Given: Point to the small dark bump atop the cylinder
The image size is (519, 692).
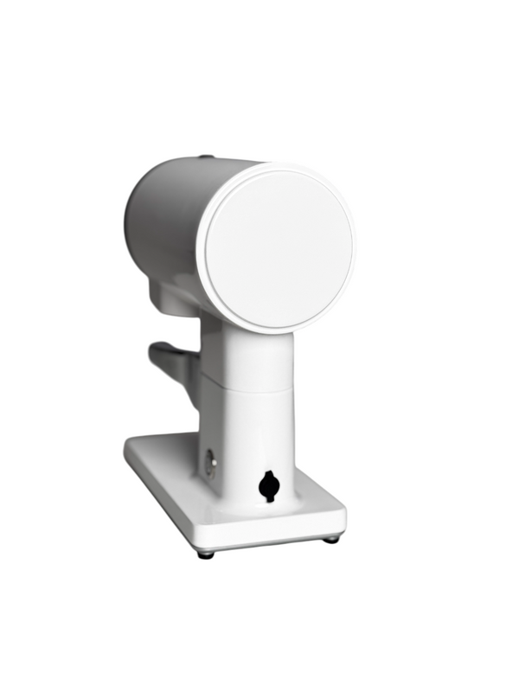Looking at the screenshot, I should [x=205, y=157].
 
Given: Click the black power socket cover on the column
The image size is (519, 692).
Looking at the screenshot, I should [x=269, y=486].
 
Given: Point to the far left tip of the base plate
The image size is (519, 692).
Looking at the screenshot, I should [x=127, y=446].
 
